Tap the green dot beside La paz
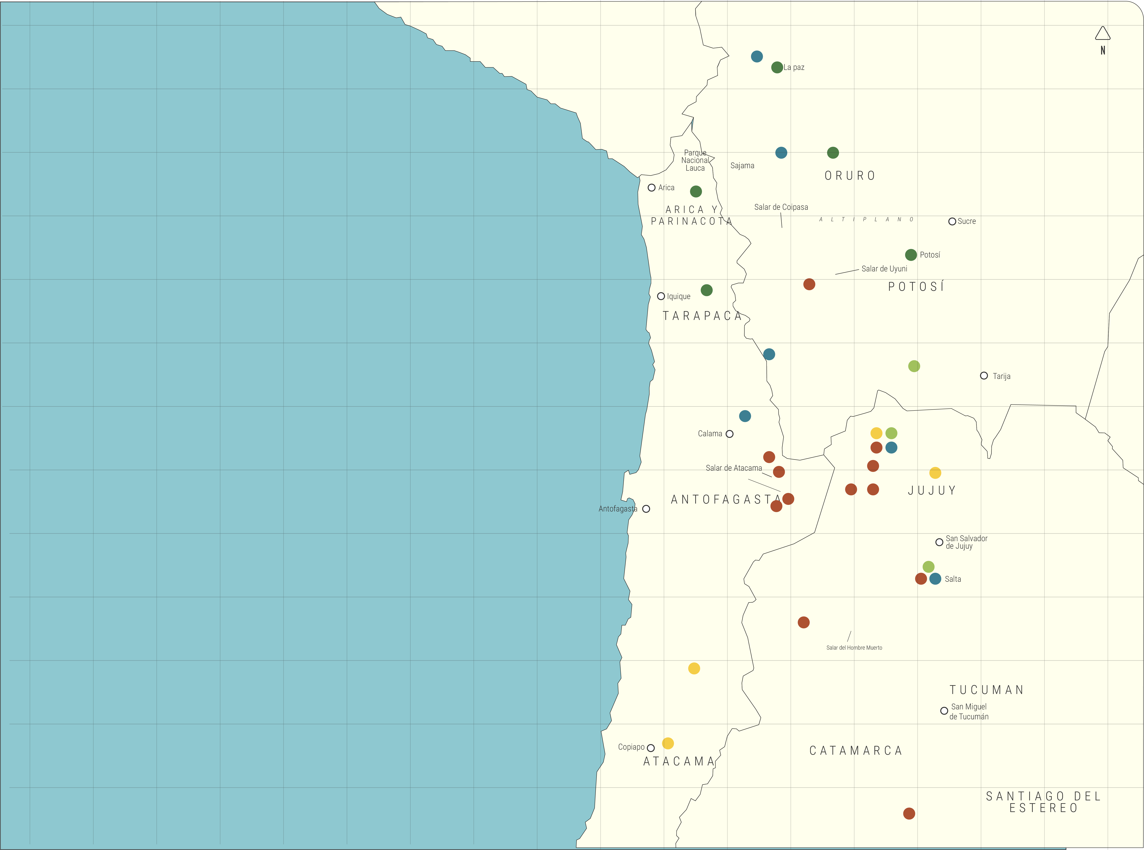[777, 67]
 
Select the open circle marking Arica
[651, 188]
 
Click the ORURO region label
[850, 176]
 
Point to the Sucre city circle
[952, 221]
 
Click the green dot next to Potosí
[910, 255]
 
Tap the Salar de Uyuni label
[884, 269]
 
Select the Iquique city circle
[661, 296]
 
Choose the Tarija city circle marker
[984, 376]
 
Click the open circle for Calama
[729, 434]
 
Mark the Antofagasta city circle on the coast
[646, 509]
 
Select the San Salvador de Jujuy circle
[939, 542]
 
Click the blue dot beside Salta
[935, 579]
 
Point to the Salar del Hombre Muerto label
[854, 648]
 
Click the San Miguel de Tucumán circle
[944, 711]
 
